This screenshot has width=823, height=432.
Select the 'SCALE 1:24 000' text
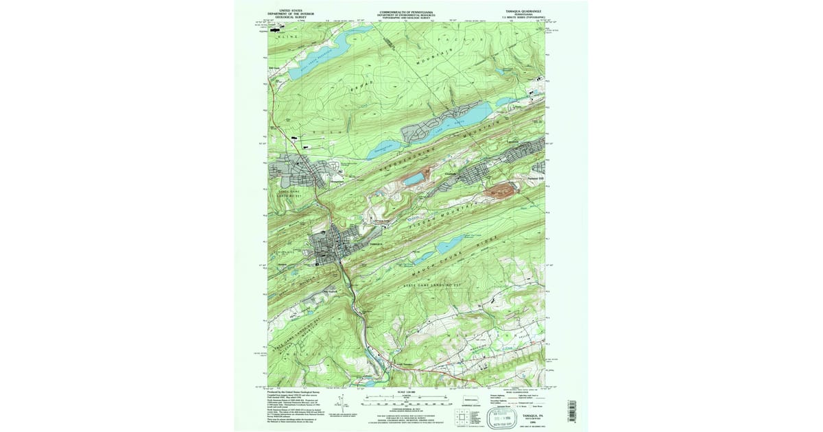[407, 392]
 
